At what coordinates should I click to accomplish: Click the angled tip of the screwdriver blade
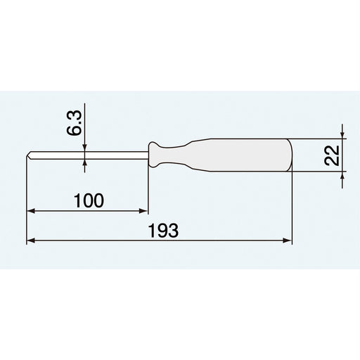30,154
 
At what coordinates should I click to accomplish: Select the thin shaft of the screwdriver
91,154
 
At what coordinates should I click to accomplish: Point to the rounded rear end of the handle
288,154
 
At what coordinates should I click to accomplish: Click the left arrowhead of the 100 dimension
30,210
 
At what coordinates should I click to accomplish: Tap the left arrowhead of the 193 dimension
30,240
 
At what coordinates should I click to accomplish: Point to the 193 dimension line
211,240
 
